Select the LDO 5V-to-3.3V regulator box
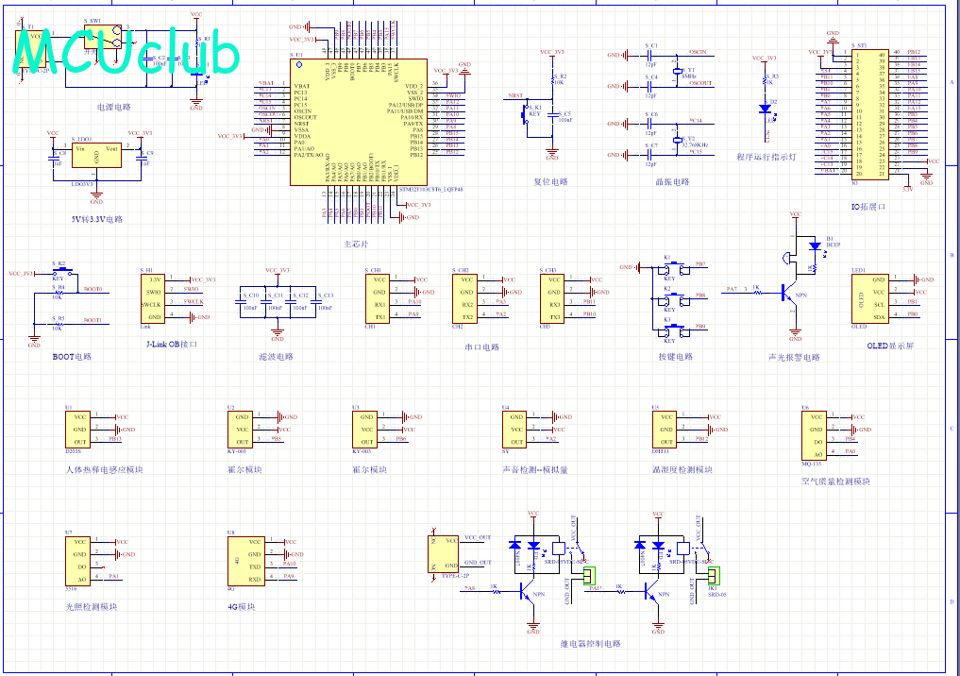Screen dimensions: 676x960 (x=96, y=156)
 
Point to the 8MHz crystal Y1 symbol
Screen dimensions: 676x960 (x=676, y=72)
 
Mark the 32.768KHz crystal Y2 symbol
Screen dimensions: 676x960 (x=676, y=141)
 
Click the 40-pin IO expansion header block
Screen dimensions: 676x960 (x=869, y=113)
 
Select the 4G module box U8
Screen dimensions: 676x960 (x=242, y=561)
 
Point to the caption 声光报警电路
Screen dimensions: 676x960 (x=795, y=357)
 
